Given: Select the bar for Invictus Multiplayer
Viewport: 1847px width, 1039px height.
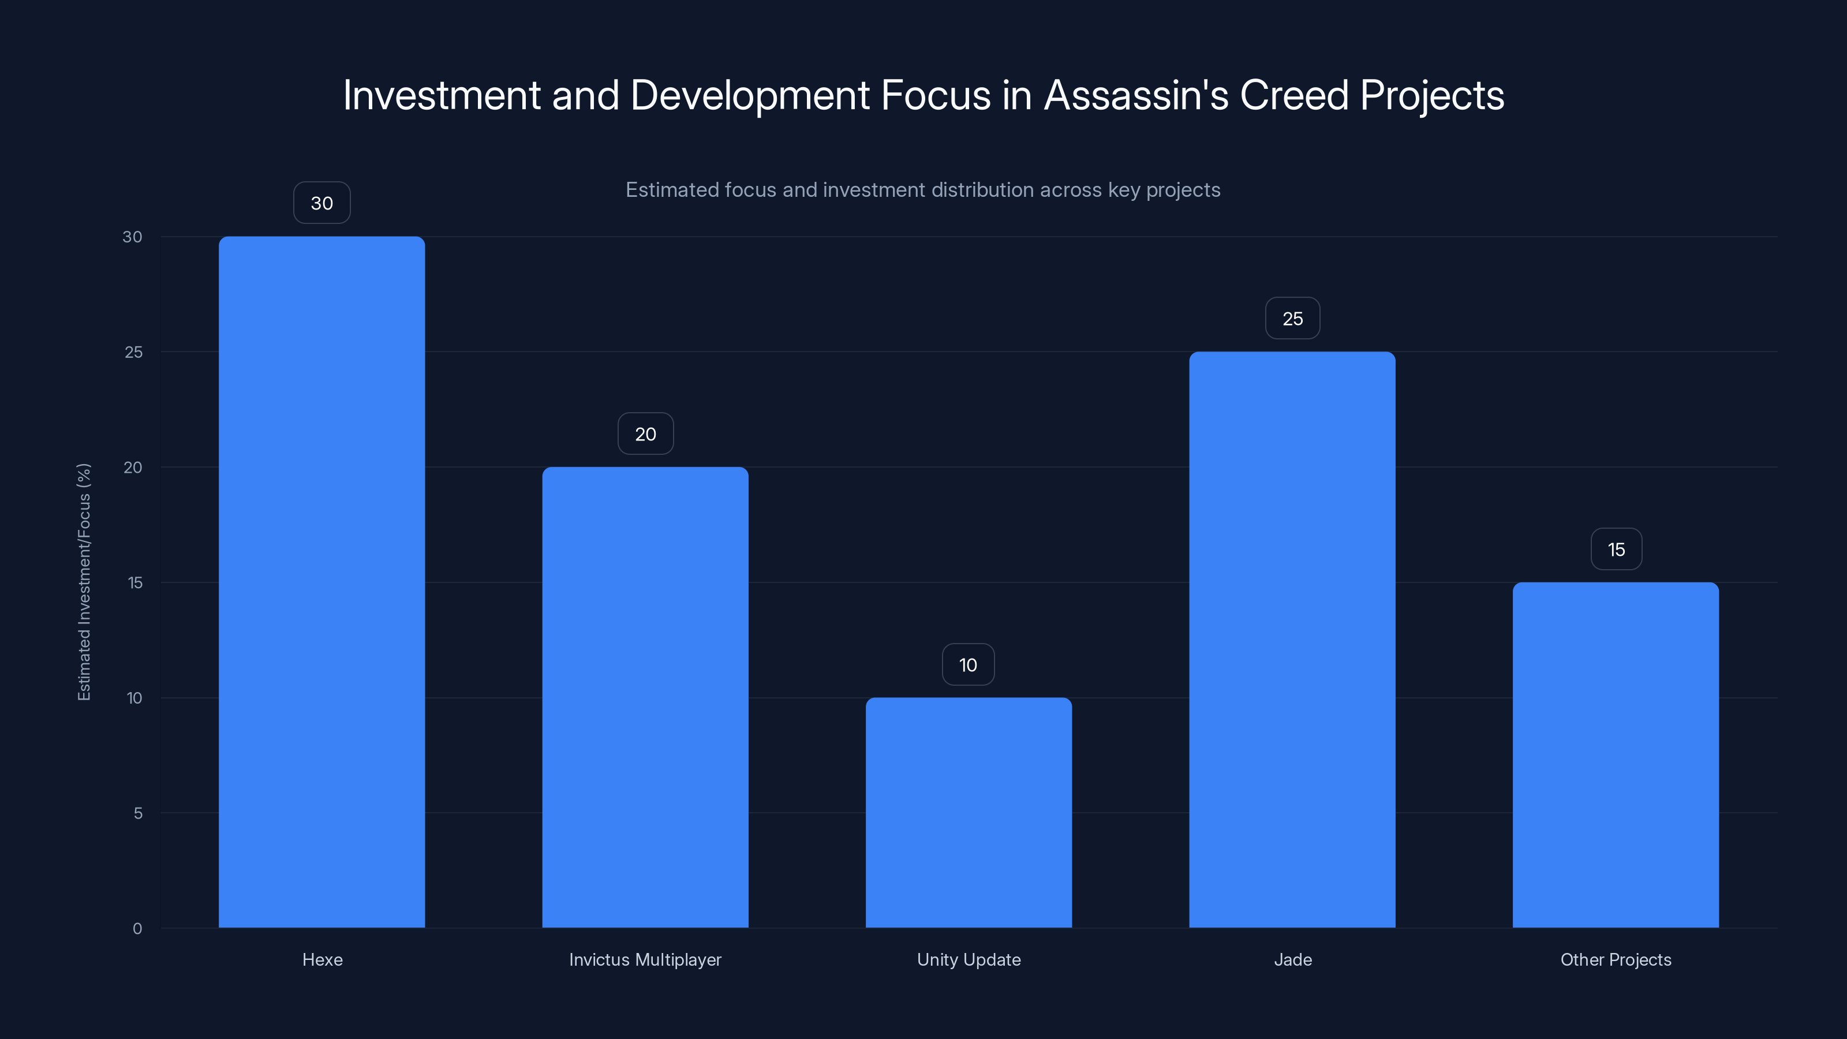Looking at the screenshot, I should point(645,697).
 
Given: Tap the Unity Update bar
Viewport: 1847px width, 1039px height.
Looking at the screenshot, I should point(968,812).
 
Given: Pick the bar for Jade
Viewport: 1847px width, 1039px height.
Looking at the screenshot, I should point(1292,639).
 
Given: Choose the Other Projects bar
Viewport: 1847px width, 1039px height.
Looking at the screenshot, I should point(1616,754).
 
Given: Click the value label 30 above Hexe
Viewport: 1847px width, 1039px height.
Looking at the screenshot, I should point(322,203).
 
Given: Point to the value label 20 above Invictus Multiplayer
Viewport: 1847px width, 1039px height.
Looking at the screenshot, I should point(645,434).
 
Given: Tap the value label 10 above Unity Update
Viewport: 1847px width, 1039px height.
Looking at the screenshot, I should point(968,665).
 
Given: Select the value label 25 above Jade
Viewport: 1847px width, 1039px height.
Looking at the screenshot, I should point(1292,319).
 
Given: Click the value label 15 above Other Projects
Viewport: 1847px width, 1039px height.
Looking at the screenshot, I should point(1616,550).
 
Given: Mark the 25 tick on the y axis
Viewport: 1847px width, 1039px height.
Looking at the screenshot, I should point(133,352).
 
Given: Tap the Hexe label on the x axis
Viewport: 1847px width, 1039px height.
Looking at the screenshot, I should point(322,959).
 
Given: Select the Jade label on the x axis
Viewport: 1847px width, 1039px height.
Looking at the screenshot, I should point(1293,959).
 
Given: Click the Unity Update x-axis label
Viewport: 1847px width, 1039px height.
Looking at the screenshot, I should point(969,959).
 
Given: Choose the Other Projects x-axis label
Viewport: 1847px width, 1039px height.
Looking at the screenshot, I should point(1616,959).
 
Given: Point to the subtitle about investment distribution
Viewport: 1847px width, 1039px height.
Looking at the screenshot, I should point(923,190).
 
